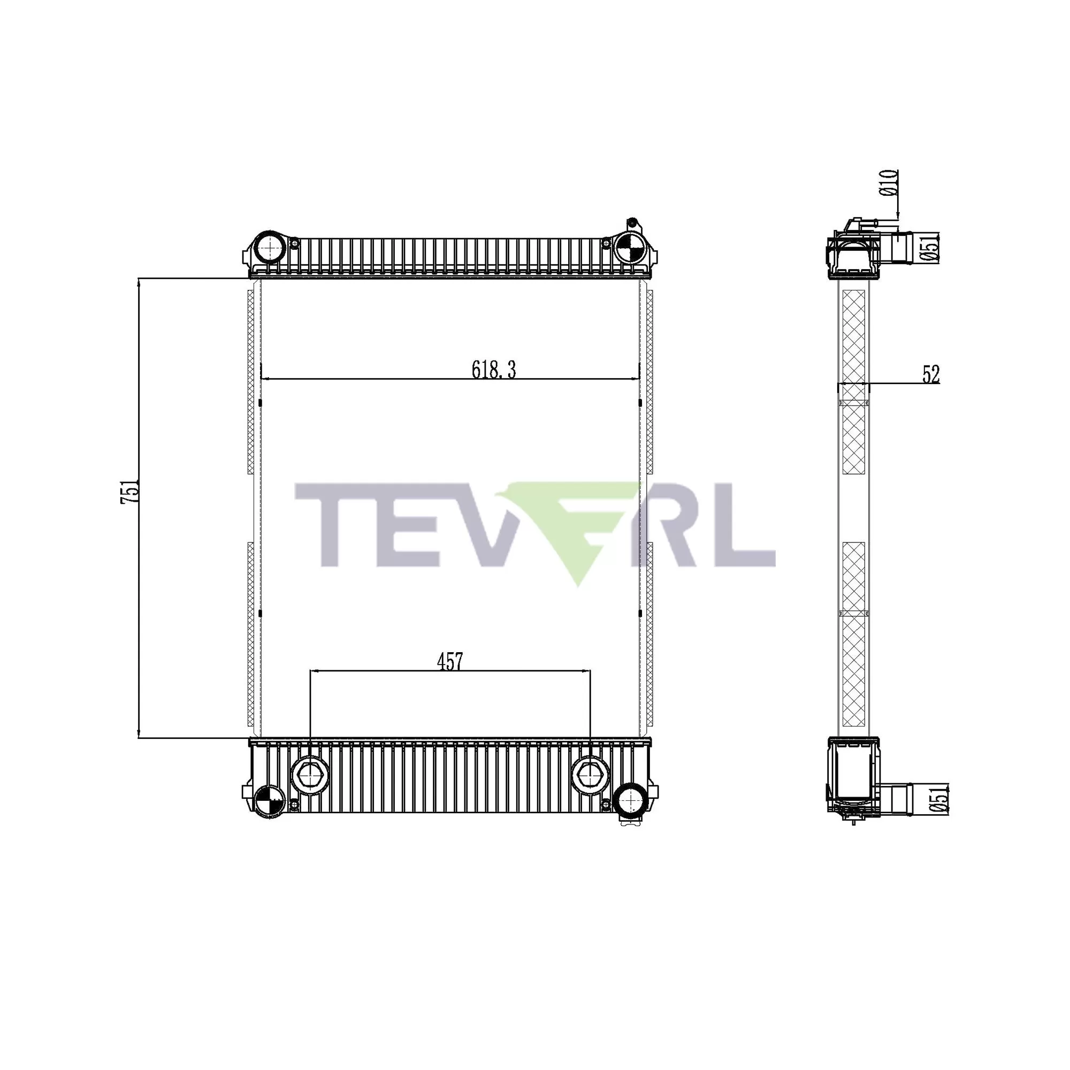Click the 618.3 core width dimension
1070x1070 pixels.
pyautogui.click(x=493, y=369)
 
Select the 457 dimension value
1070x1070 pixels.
pyautogui.click(x=450, y=661)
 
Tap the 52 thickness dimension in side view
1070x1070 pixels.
pyautogui.click(x=931, y=375)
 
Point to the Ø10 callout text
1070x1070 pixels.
pyautogui.click(x=888, y=183)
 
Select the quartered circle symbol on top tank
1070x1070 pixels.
pyautogui.click(x=631, y=247)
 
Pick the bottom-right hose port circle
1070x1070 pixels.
pyautogui.click(x=630, y=799)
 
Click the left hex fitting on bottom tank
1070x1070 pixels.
pyautogui.click(x=310, y=775)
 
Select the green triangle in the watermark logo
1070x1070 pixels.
pyautogui.click(x=576, y=532)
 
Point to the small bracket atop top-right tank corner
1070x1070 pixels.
pyautogui.click(x=632, y=225)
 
